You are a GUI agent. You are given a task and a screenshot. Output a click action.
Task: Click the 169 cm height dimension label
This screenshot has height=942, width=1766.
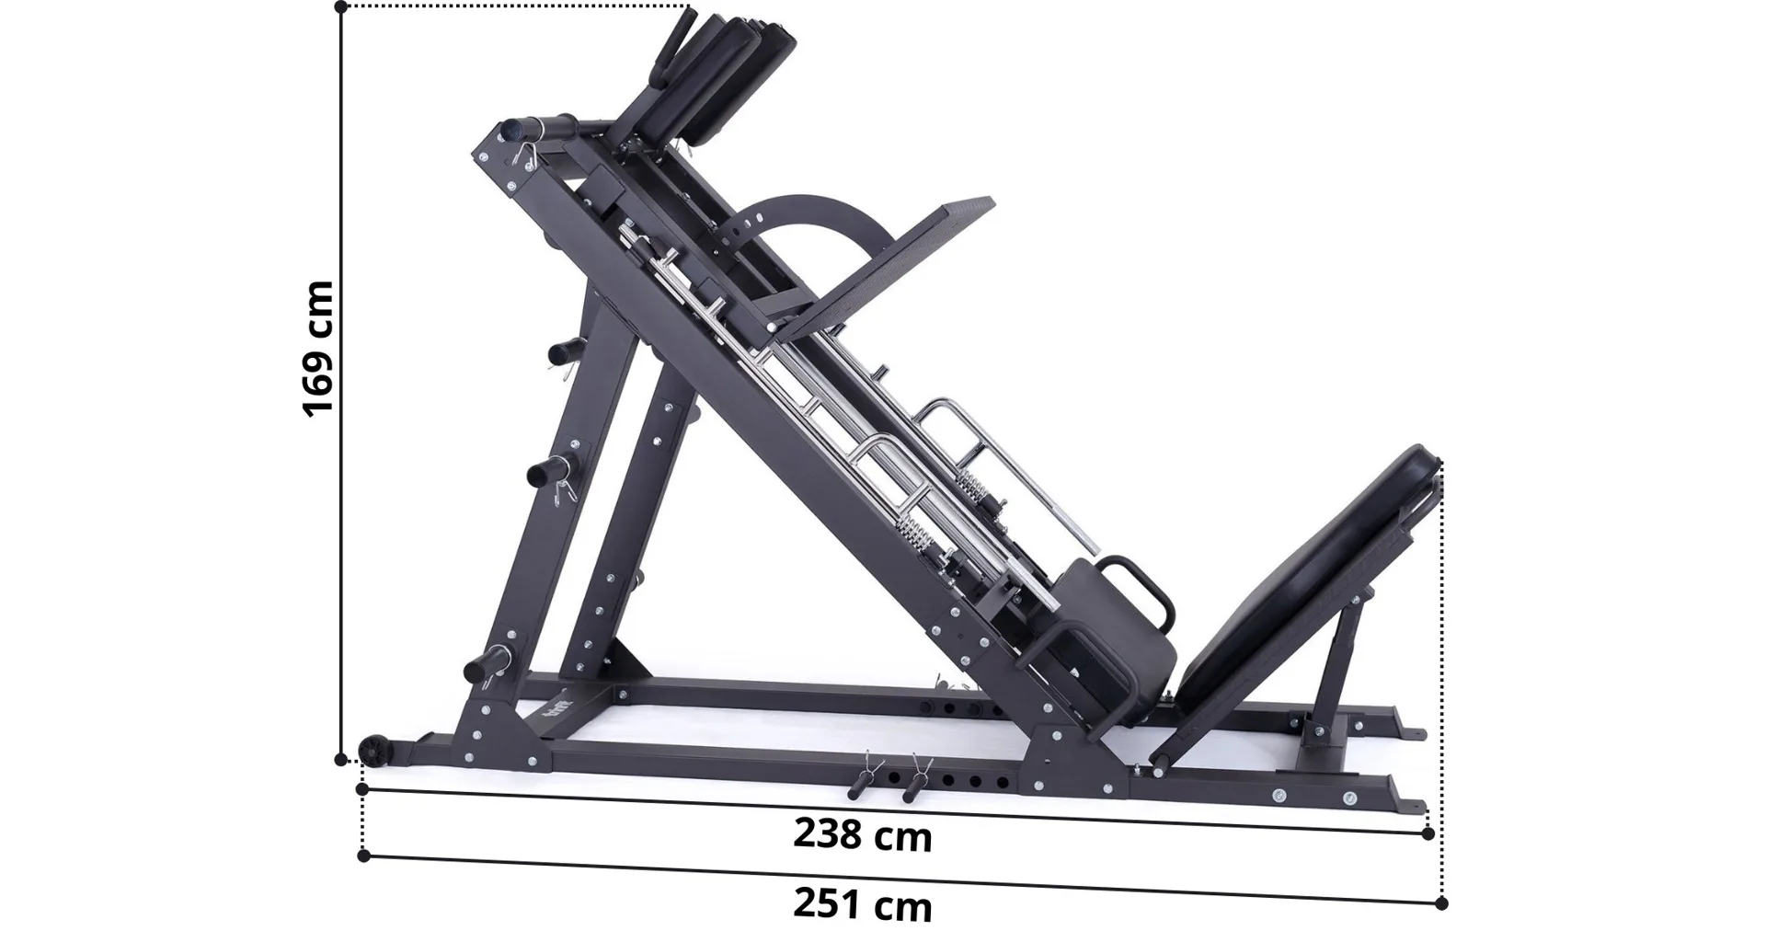point(318,349)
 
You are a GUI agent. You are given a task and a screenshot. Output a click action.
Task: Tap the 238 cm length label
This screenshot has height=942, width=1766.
point(863,835)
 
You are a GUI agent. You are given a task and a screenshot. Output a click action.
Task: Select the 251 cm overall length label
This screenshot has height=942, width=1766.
point(863,905)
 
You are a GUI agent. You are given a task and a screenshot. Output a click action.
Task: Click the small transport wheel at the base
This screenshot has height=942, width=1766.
point(374,750)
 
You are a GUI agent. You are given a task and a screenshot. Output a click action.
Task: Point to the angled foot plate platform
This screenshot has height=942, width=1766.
point(879,266)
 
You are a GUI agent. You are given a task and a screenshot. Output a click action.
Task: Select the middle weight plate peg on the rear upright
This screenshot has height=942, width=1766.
point(549,471)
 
